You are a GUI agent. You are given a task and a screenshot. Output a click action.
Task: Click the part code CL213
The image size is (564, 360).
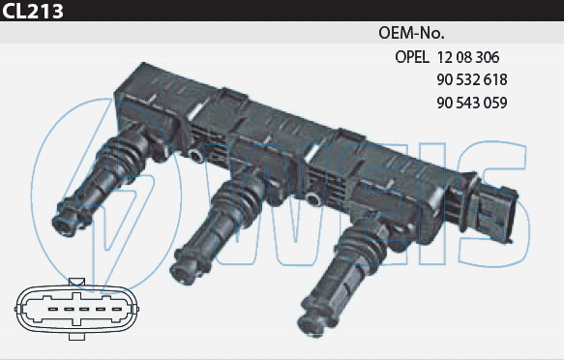tap(33, 11)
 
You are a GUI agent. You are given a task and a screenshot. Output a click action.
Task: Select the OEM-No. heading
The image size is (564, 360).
tap(411, 33)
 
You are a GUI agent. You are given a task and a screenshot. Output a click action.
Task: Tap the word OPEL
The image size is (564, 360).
tap(412, 57)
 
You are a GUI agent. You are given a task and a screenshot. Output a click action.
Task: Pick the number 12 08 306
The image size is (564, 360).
tap(468, 57)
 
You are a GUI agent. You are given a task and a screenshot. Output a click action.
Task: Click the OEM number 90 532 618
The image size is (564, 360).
tap(472, 80)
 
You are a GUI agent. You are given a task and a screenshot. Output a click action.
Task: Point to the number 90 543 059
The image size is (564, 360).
tap(472, 103)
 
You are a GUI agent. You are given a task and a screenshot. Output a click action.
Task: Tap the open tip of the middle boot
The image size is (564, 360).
tap(181, 274)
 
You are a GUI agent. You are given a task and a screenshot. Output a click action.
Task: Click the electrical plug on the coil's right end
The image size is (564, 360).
tap(494, 213)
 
